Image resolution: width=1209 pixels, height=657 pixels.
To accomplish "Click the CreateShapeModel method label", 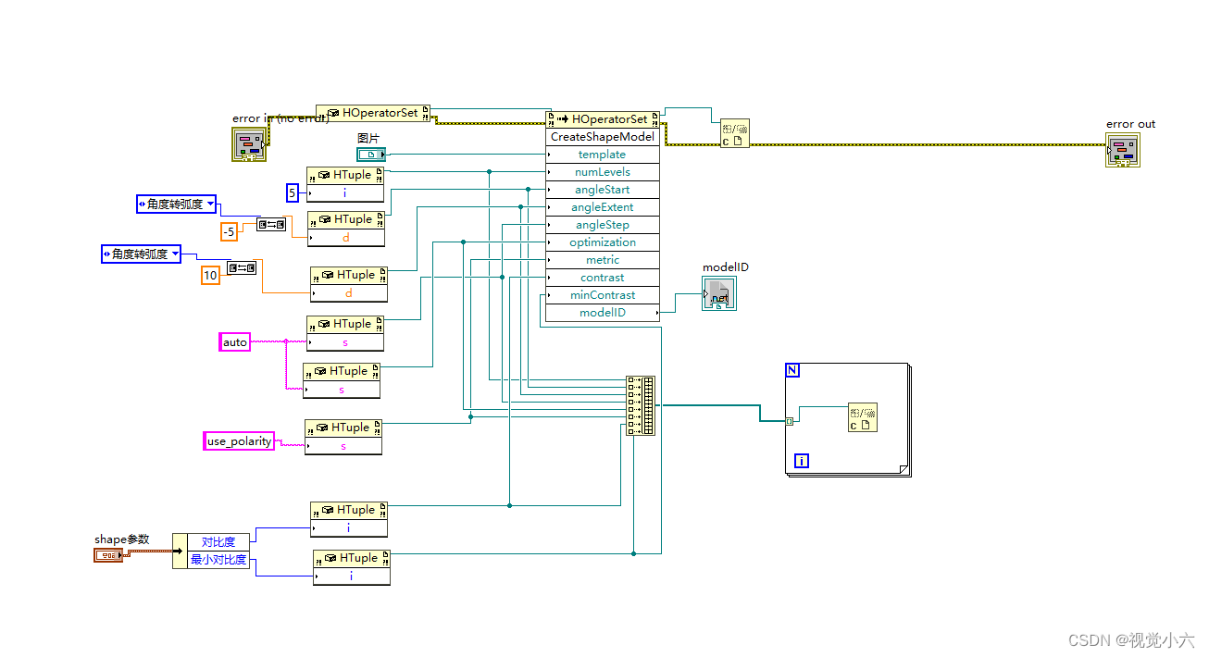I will pyautogui.click(x=603, y=137).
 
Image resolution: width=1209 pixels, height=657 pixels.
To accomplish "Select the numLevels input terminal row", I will pyautogui.click(x=603, y=172).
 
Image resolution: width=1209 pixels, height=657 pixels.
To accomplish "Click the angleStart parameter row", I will pyautogui.click(x=603, y=190).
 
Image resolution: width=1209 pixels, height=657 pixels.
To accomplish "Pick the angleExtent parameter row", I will pyautogui.click(x=603, y=207).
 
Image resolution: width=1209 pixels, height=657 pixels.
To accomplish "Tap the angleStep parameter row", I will pyautogui.click(x=603, y=225).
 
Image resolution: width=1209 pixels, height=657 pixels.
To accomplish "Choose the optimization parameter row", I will pyautogui.click(x=603, y=242).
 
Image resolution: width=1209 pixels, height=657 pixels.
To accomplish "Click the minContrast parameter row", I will pyautogui.click(x=603, y=295).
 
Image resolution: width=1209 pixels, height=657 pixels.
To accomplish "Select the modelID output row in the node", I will pyautogui.click(x=603, y=313).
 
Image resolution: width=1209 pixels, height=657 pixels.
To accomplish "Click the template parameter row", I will pyautogui.click(x=603, y=155).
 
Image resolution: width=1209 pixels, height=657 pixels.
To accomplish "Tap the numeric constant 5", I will pyautogui.click(x=293, y=193).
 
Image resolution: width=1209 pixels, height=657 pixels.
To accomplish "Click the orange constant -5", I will pyautogui.click(x=229, y=231).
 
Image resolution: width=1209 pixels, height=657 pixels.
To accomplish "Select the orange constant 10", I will pyautogui.click(x=210, y=275).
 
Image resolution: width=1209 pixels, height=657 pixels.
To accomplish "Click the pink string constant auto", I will pyautogui.click(x=235, y=342).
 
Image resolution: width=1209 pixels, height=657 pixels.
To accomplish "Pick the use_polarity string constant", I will pyautogui.click(x=239, y=441).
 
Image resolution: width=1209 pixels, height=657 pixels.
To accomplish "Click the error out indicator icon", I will pyautogui.click(x=1122, y=150).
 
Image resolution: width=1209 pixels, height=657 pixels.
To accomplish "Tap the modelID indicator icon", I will pyautogui.click(x=719, y=294).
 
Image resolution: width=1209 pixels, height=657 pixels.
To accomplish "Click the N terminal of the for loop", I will pyautogui.click(x=791, y=370).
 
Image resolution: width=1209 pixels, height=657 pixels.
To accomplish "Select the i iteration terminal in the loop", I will pyautogui.click(x=801, y=460).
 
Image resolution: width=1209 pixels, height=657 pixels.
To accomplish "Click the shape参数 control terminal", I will pyautogui.click(x=107, y=555).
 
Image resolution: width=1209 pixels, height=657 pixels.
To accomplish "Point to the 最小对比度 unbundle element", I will pyautogui.click(x=218, y=560).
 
